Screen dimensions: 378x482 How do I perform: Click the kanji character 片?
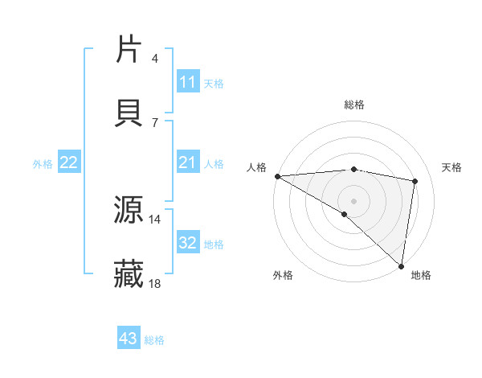tap(129, 49)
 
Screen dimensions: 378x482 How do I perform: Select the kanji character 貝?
tap(129, 113)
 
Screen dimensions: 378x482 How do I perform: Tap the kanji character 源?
tap(129, 210)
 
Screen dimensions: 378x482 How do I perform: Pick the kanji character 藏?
tap(129, 274)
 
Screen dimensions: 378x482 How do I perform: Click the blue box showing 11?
tap(188, 82)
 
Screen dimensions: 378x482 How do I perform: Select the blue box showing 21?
tap(188, 163)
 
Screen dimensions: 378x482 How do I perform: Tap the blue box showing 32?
tap(188, 243)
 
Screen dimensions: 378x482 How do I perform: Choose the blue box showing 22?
tap(69, 163)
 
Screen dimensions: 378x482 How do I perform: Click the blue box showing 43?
tap(129, 339)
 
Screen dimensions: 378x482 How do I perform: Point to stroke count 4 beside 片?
tap(155, 58)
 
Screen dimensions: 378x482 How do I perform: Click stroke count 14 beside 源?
tap(154, 219)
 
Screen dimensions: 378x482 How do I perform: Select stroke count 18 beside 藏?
tap(154, 283)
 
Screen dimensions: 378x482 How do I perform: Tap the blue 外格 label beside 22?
tap(43, 164)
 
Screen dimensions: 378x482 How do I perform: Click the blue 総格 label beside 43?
tap(154, 340)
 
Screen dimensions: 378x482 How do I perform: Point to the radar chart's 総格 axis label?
tap(354, 105)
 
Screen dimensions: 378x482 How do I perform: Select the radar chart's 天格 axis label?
tap(452, 167)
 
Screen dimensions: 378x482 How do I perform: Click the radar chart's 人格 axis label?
tap(255, 167)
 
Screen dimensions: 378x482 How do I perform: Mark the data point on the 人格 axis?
tap(276, 176)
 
